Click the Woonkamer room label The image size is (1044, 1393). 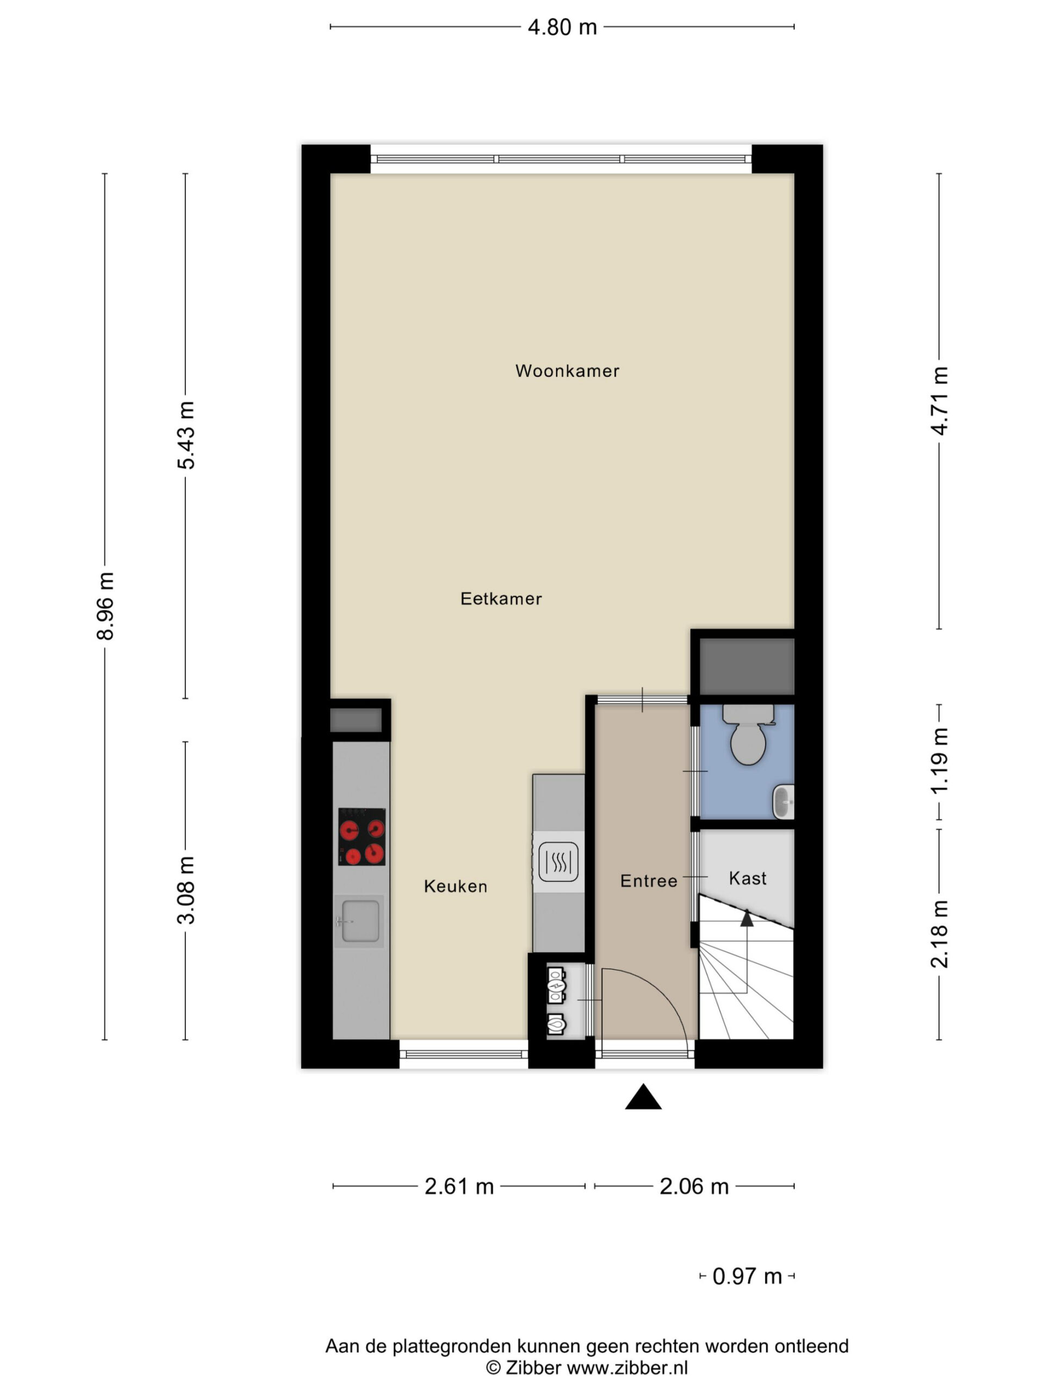567,371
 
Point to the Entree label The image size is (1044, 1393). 649,880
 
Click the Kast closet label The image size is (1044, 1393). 748,878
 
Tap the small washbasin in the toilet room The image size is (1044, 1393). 784,802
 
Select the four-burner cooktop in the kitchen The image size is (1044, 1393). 362,837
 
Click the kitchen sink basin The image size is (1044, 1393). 360,921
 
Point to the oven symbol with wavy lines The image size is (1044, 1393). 558,861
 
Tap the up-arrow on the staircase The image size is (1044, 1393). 747,919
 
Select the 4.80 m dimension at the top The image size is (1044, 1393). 562,27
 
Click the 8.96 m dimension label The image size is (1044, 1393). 105,606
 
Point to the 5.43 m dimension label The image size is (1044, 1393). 185,435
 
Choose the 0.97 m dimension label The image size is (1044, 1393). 747,1277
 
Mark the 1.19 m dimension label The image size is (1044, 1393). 940,761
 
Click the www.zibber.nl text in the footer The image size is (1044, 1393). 627,1368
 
